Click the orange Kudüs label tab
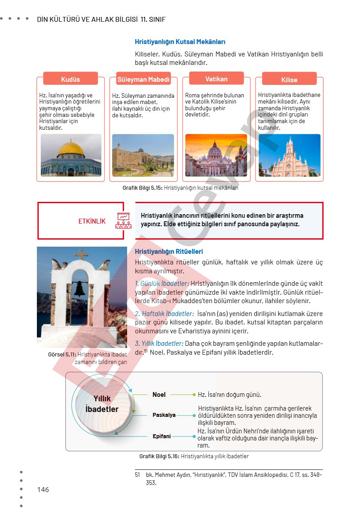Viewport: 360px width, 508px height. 70,79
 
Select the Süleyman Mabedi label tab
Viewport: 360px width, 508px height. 144,80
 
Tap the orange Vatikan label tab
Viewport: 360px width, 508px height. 216,79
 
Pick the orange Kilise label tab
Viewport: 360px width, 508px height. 289,80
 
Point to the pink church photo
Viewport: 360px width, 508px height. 296,156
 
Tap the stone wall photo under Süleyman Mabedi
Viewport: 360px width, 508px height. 143,156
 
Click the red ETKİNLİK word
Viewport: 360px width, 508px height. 92,221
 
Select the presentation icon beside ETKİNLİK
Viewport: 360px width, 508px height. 123,220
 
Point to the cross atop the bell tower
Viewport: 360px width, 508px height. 81,255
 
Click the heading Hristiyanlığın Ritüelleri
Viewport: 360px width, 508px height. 169,252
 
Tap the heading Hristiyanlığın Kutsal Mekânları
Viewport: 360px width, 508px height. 180,42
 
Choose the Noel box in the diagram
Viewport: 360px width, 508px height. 159,395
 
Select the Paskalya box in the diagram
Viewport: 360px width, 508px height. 164,415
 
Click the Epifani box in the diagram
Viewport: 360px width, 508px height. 162,436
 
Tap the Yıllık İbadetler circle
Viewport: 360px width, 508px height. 102,404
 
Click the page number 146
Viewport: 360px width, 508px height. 43,489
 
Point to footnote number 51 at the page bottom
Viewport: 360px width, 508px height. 137,475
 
